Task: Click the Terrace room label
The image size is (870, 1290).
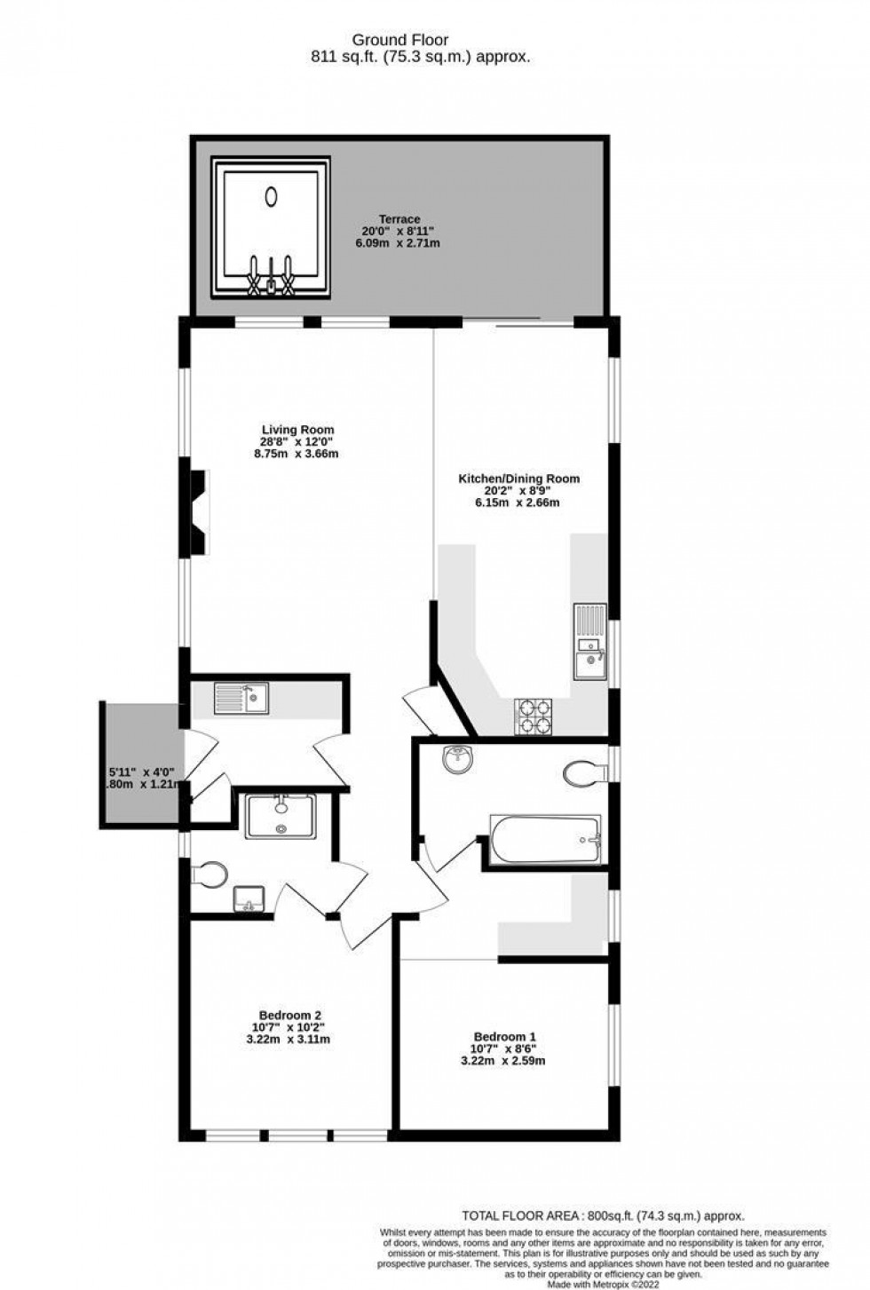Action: [399, 219]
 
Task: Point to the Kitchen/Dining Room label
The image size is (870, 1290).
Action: [518, 479]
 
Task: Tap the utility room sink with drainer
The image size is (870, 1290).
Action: [241, 699]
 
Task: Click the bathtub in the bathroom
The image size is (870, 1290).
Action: [545, 839]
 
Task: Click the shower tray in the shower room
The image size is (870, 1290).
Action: [281, 816]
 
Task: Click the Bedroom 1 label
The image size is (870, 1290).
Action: [504, 1036]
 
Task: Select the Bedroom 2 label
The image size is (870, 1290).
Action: [290, 1016]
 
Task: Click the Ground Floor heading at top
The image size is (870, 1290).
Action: [400, 40]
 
